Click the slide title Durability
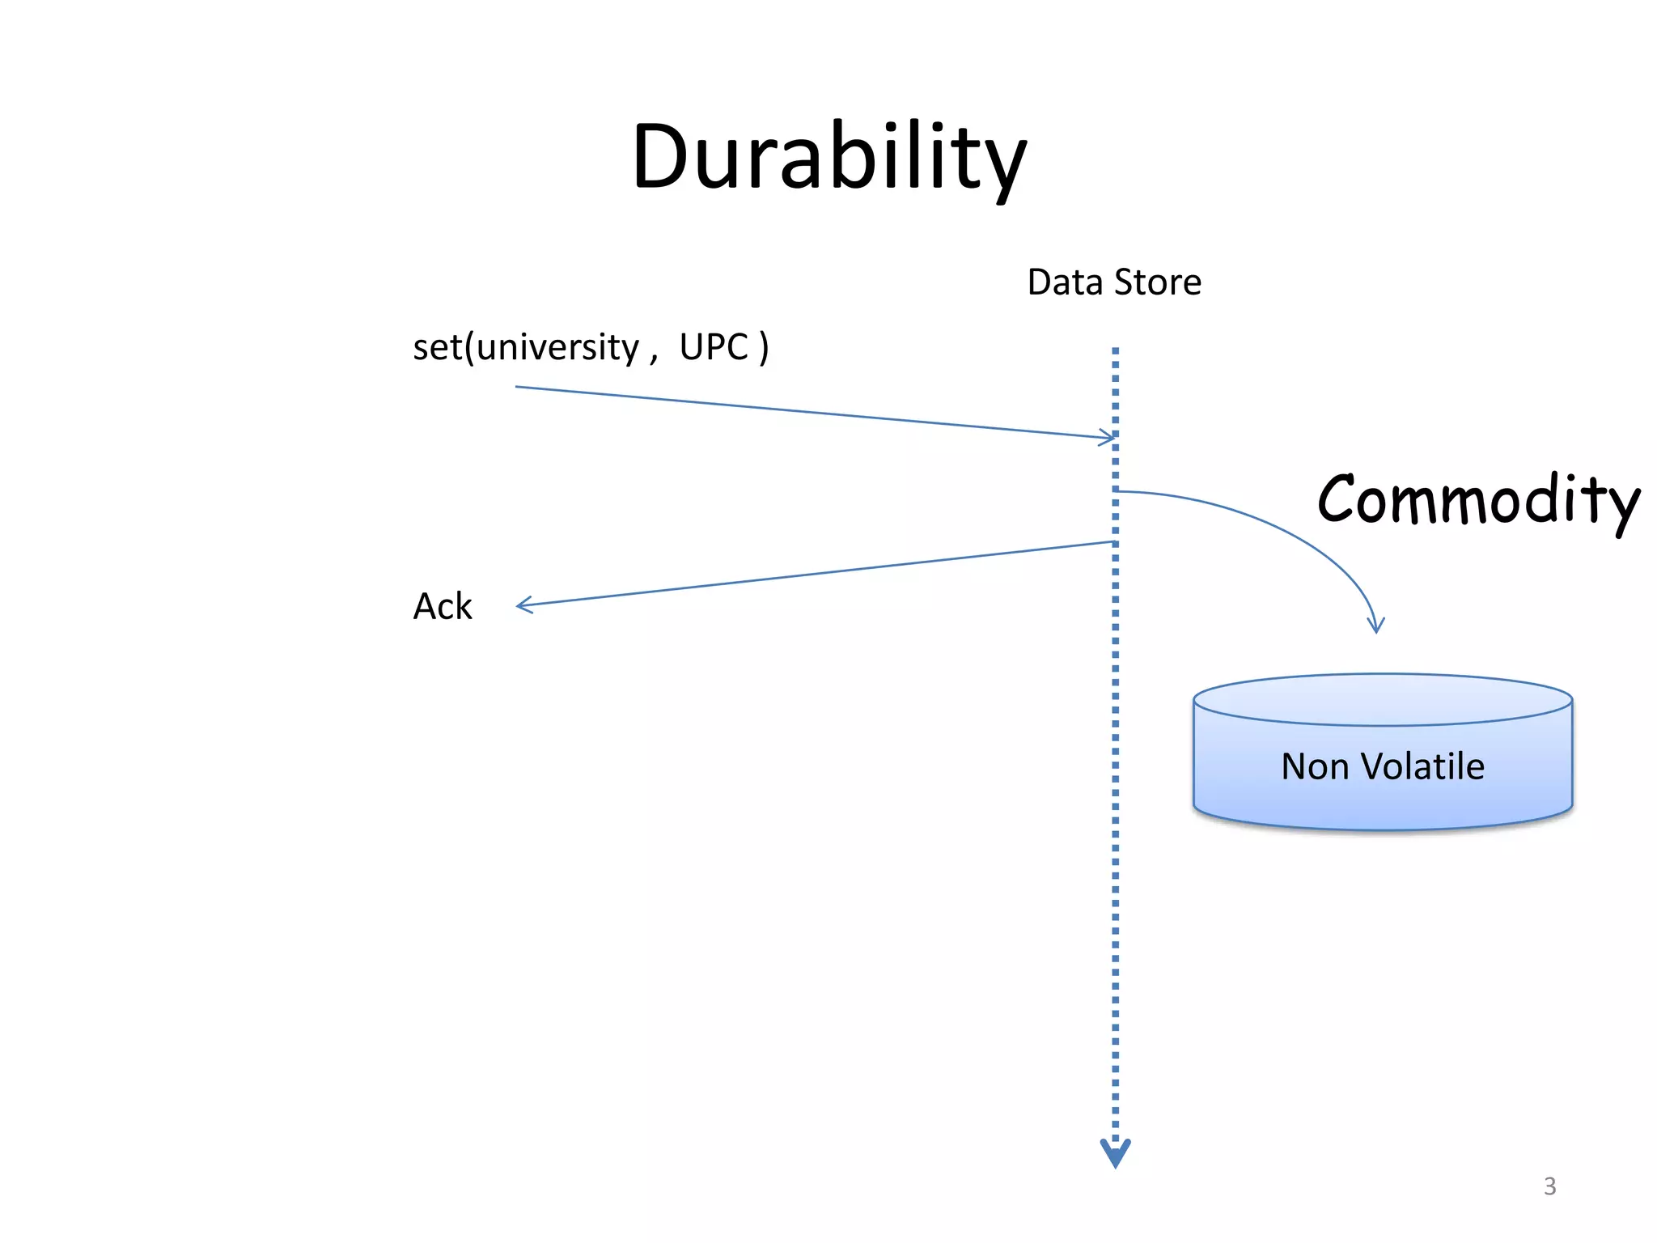[x=828, y=158]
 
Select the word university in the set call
[x=557, y=348]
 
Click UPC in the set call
[x=714, y=347]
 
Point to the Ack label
[x=442, y=606]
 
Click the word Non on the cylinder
[x=1315, y=766]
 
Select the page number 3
[x=1549, y=1186]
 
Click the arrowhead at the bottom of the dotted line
[x=1115, y=1154]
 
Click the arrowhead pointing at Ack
[x=523, y=605]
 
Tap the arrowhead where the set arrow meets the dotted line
[x=1108, y=438]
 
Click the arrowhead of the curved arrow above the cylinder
[x=1375, y=625]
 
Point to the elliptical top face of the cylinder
[x=1382, y=700]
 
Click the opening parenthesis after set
[x=469, y=348]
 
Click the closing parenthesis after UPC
[x=764, y=348]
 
